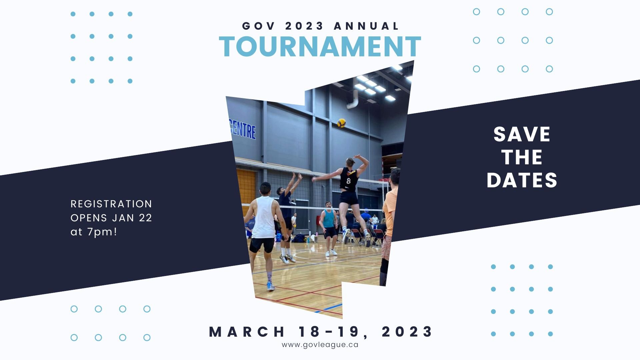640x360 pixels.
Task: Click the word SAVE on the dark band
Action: (522, 134)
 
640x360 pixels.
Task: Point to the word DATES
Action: (522, 180)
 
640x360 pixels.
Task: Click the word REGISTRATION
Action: (111, 204)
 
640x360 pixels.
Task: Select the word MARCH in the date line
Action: (247, 332)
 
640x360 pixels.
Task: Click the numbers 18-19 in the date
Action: (333, 332)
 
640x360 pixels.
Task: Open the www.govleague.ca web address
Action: (320, 345)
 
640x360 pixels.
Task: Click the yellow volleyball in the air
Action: (341, 123)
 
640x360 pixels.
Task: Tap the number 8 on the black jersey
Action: (348, 181)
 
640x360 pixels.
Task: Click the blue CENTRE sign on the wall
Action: (243, 130)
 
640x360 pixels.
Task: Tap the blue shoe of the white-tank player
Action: (270, 286)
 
